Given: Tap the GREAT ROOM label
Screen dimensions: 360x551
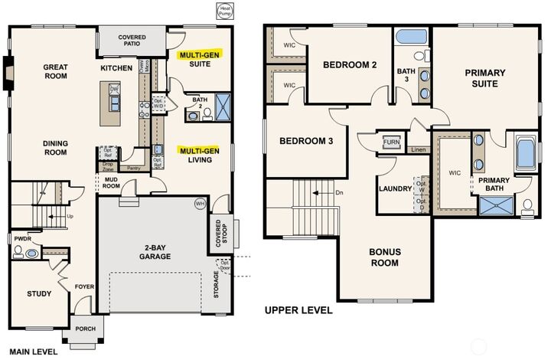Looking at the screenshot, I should [57, 72].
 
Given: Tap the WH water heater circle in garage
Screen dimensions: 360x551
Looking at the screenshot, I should [201, 204].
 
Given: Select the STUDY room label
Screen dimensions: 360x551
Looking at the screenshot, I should [39, 293].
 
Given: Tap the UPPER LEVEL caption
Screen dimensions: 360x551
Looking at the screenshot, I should [298, 310].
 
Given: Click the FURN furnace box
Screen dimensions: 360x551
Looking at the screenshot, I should [391, 142].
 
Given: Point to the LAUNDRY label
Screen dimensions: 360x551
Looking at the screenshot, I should [395, 188].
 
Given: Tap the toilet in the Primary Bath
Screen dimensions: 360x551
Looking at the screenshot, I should [527, 206].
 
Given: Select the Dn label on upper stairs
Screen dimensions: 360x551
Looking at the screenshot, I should [340, 193].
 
